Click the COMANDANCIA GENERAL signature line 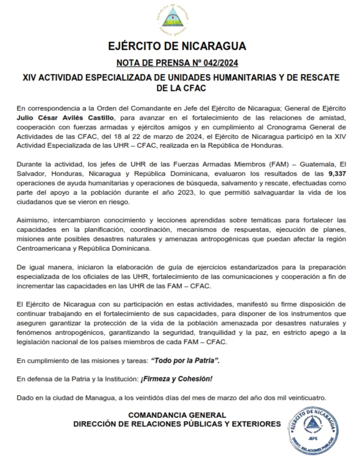(x=177, y=415)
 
